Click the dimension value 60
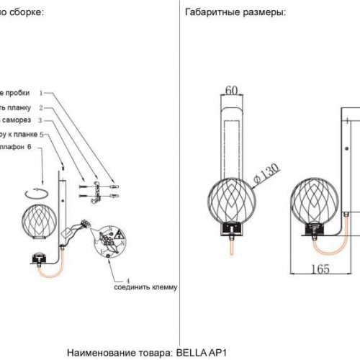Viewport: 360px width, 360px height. [x=231, y=91]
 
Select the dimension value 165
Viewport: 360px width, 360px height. [x=320, y=269]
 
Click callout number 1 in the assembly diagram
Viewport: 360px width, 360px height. [x=42, y=93]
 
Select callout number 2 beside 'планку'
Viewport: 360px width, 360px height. [x=42, y=107]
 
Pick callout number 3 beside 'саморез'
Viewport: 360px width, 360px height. [x=42, y=120]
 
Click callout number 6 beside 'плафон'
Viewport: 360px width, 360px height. [x=30, y=148]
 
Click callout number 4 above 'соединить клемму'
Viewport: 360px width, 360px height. [x=127, y=279]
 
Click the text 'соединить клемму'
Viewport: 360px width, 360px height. [x=145, y=287]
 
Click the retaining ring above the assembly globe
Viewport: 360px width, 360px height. [x=35, y=192]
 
